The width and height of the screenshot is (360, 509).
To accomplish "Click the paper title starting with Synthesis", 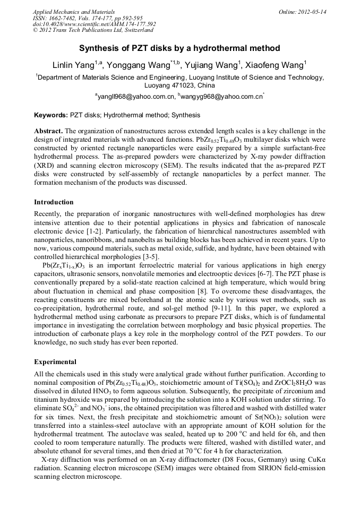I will pyautogui.click(x=179, y=48).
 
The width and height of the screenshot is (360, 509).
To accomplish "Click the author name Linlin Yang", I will pyautogui.click(x=72, y=66).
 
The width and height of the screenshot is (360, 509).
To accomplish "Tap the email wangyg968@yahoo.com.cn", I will pyautogui.click(x=221, y=97).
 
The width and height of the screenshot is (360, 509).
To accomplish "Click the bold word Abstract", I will pyautogui.click(x=49, y=131).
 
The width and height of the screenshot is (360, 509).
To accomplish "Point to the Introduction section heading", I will pyautogui.click(x=54, y=202).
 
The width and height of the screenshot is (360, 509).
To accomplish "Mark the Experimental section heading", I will pyautogui.click(x=55, y=362).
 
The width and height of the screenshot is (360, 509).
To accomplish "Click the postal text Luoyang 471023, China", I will pyautogui.click(x=179, y=85).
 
